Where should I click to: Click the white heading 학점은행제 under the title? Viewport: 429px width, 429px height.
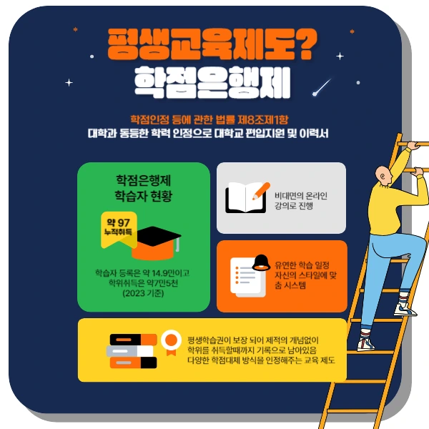tap(212, 83)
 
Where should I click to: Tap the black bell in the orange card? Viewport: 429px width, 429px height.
tap(262, 262)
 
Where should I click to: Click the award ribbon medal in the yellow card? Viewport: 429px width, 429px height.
tap(171, 344)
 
